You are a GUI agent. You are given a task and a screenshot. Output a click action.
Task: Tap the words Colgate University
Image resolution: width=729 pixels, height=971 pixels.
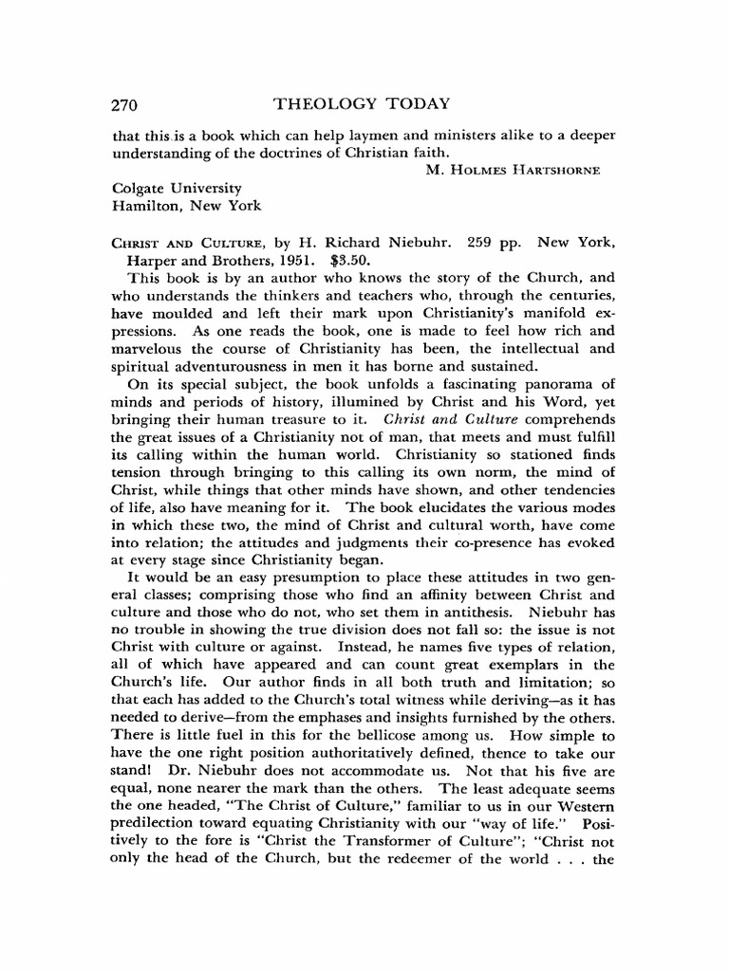pos(177,188)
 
